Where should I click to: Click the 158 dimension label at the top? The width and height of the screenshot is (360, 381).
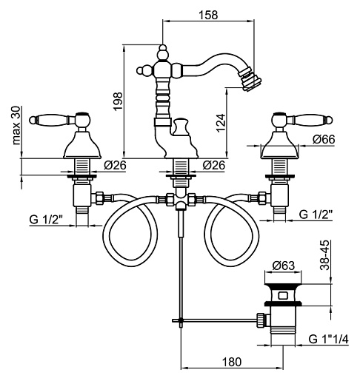click(208, 15)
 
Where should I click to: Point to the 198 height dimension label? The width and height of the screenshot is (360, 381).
click(118, 101)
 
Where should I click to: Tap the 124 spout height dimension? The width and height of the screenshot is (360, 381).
click(221, 123)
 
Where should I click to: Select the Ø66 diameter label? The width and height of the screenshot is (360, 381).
click(324, 139)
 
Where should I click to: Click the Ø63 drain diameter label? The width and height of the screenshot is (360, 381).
click(283, 266)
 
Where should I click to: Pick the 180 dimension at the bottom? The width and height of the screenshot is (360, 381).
click(232, 362)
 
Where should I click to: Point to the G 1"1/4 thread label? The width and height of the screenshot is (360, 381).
click(328, 340)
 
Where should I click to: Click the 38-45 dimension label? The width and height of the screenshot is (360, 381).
click(325, 254)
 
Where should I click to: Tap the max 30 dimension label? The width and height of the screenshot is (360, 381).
click(16, 125)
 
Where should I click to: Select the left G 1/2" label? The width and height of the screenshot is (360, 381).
click(46, 219)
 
